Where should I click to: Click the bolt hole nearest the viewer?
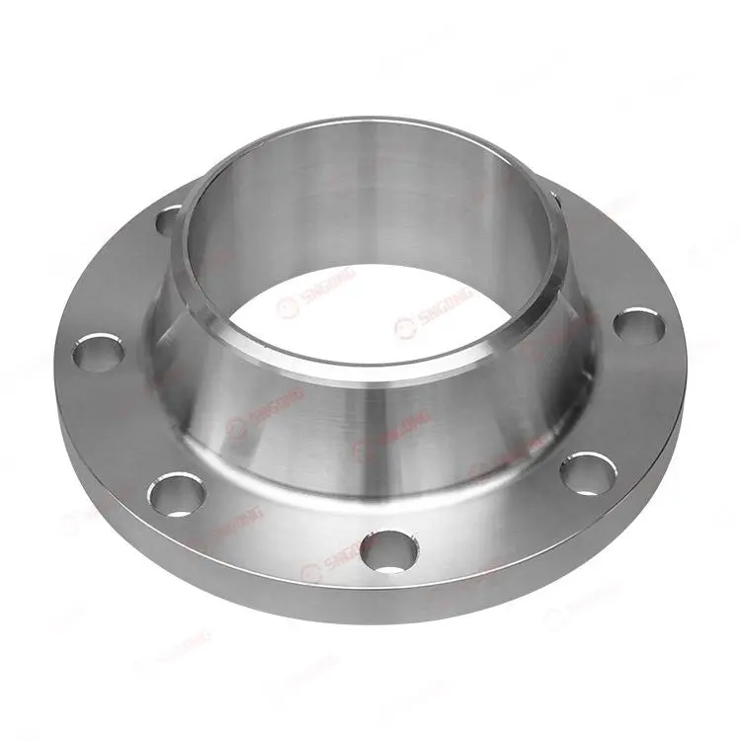386,549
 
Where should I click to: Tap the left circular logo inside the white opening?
288,308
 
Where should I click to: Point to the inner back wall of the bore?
375,198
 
